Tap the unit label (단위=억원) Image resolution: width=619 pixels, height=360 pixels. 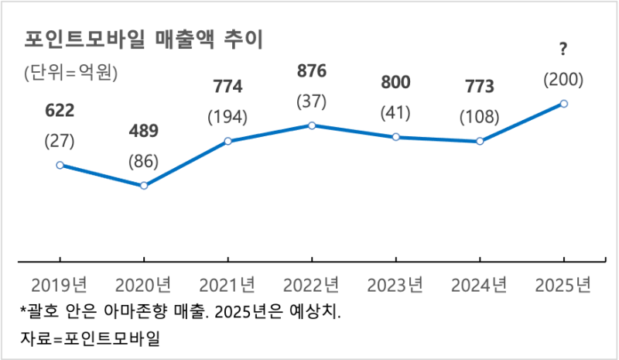click(70, 74)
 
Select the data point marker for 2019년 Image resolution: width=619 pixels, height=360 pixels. click(60, 165)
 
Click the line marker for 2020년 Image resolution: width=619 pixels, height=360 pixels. click(143, 186)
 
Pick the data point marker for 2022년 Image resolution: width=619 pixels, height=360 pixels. click(311, 125)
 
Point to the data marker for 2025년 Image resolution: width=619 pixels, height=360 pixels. click(563, 103)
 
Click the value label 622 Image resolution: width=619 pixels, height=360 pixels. click(60, 111)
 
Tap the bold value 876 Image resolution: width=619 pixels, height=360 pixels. click(312, 71)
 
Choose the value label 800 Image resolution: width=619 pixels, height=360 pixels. click(395, 82)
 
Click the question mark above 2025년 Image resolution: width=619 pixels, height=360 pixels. click(563, 50)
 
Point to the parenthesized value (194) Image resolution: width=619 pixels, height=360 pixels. click(227, 118)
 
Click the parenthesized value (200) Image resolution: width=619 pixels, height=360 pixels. click(563, 80)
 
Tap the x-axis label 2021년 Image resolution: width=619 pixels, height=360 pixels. click(227, 284)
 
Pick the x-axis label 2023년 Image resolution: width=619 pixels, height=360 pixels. click(395, 284)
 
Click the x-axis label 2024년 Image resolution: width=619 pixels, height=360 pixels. click(480, 284)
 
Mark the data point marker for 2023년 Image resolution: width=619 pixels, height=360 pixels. click(395, 137)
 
